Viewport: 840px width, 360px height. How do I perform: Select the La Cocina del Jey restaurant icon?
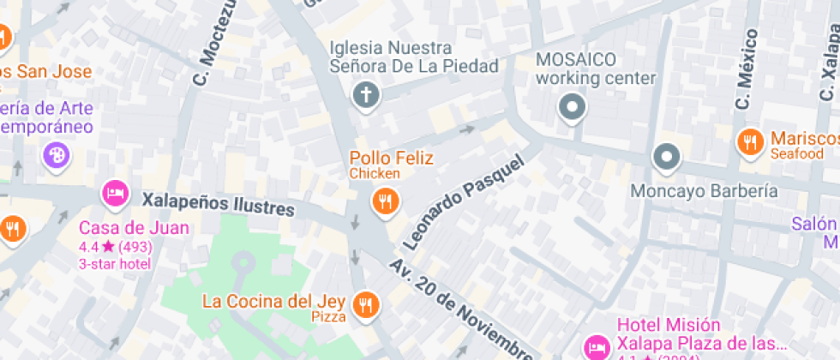tap(368, 303)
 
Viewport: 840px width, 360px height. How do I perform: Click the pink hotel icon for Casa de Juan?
tap(115, 193)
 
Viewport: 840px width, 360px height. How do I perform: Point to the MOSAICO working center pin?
tap(571, 108)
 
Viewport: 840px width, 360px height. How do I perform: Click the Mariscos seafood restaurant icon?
tap(751, 142)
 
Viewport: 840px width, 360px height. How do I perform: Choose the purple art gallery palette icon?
tap(56, 155)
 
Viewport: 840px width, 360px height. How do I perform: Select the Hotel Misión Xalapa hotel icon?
tap(596, 347)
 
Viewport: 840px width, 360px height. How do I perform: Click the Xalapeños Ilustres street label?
tap(219, 204)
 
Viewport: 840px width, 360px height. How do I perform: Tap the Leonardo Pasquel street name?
tap(462, 203)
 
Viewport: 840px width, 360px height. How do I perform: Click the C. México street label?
tap(746, 69)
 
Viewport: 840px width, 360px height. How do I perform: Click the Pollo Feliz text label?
tap(391, 158)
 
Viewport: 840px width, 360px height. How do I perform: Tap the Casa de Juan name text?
tap(134, 228)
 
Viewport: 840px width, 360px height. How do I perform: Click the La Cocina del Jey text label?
tap(273, 302)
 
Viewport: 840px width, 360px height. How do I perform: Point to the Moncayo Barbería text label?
tap(704, 190)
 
